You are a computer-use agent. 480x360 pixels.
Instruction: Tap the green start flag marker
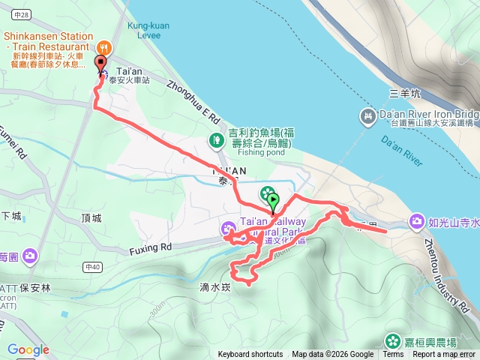tap(273, 200)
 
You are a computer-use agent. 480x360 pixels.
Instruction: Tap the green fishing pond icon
tap(216, 139)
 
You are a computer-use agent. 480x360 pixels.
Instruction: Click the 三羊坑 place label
tap(405, 94)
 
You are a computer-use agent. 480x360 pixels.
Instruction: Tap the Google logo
tap(28, 349)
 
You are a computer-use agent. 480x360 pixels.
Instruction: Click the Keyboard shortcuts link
tap(250, 355)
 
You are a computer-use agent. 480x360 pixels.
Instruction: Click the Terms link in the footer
tap(393, 355)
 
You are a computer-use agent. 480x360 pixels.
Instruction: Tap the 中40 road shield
tap(93, 266)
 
